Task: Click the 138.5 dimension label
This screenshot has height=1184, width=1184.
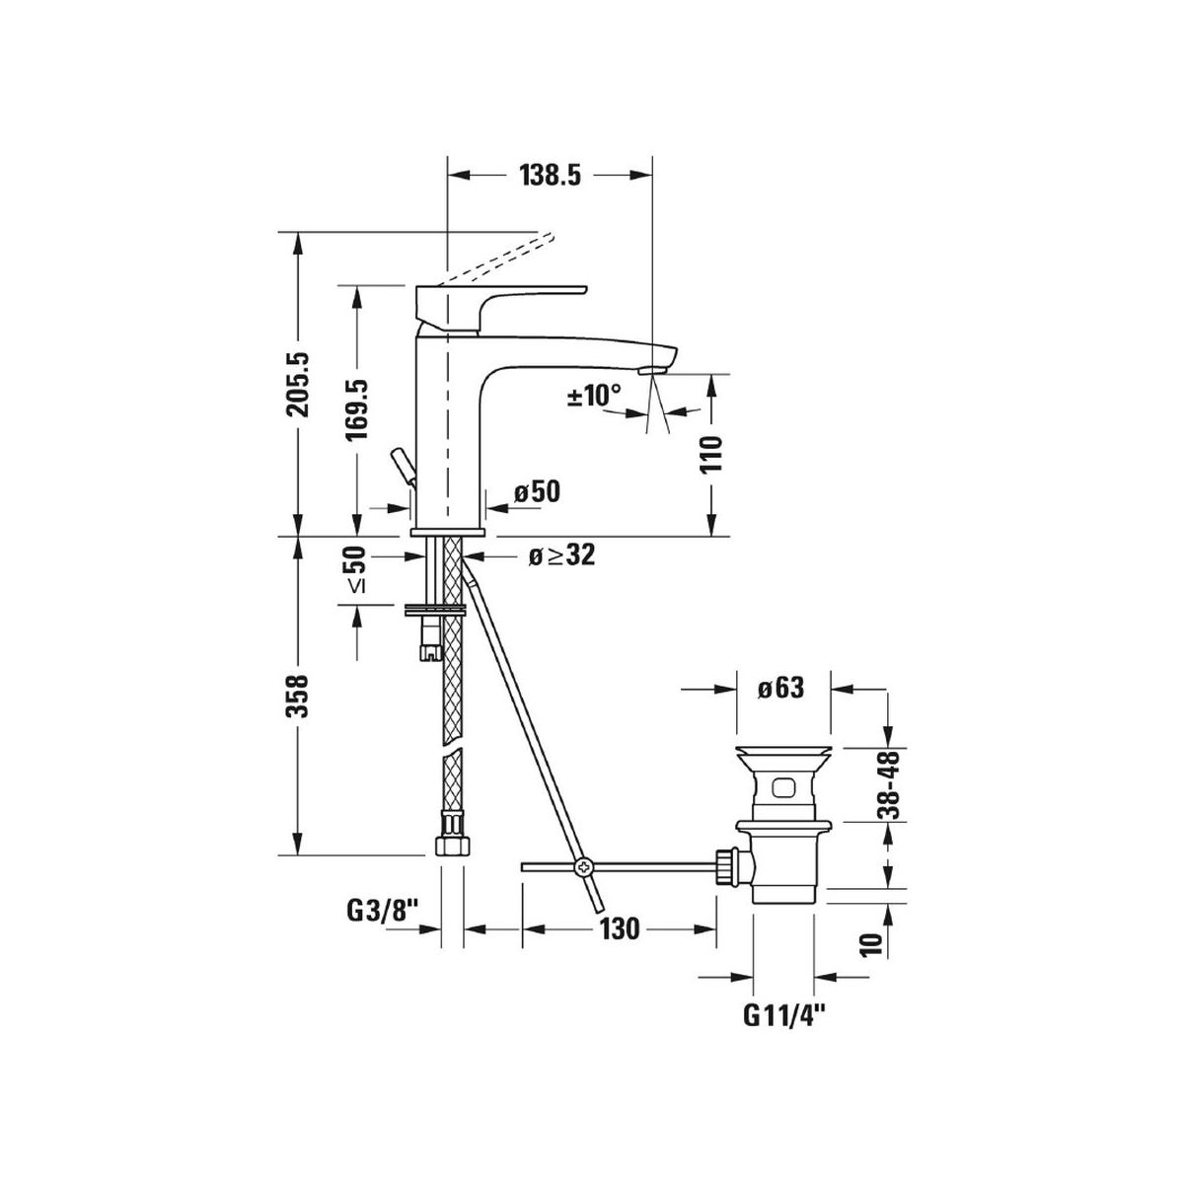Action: pyautogui.click(x=550, y=176)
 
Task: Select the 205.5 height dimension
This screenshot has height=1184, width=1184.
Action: pyautogui.click(x=299, y=385)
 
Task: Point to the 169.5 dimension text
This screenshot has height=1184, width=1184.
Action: pyautogui.click(x=356, y=409)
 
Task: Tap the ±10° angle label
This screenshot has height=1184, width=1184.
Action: pyautogui.click(x=594, y=395)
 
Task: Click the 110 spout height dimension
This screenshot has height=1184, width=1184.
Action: pyautogui.click(x=710, y=454)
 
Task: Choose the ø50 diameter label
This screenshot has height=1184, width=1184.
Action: pyautogui.click(x=537, y=491)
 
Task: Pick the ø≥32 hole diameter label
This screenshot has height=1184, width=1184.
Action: pyautogui.click(x=561, y=555)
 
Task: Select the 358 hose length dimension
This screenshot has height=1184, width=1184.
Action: pyautogui.click(x=299, y=697)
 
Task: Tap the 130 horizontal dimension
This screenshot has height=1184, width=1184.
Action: pyautogui.click(x=619, y=928)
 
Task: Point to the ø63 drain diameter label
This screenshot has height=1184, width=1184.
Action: pyautogui.click(x=780, y=688)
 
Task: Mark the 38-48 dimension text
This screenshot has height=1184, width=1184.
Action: pyautogui.click(x=888, y=784)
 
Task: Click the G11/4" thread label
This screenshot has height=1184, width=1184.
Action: pyautogui.click(x=783, y=1017)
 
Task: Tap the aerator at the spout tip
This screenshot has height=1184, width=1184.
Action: pyautogui.click(x=652, y=371)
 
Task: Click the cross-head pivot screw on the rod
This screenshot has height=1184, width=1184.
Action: pyautogui.click(x=580, y=867)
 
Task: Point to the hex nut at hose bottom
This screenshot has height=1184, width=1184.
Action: pyautogui.click(x=452, y=846)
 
